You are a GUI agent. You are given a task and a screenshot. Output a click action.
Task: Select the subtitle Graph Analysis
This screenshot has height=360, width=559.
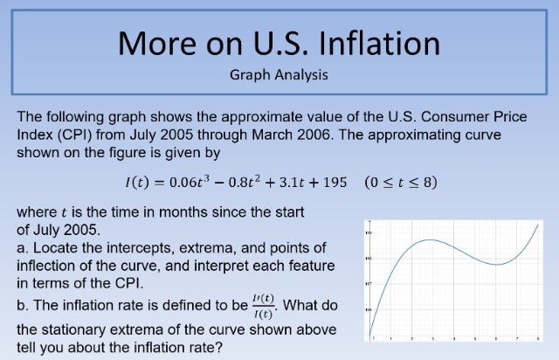279,74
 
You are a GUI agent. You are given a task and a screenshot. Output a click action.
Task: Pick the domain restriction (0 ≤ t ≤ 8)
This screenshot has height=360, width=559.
402,183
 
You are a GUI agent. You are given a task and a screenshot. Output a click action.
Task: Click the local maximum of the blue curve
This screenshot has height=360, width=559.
430,239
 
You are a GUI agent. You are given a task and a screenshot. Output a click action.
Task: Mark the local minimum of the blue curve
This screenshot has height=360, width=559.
494,264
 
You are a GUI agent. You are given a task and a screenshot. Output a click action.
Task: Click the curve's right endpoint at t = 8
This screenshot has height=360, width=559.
536,224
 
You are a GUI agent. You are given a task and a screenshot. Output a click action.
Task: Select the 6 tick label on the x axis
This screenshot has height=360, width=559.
495,338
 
